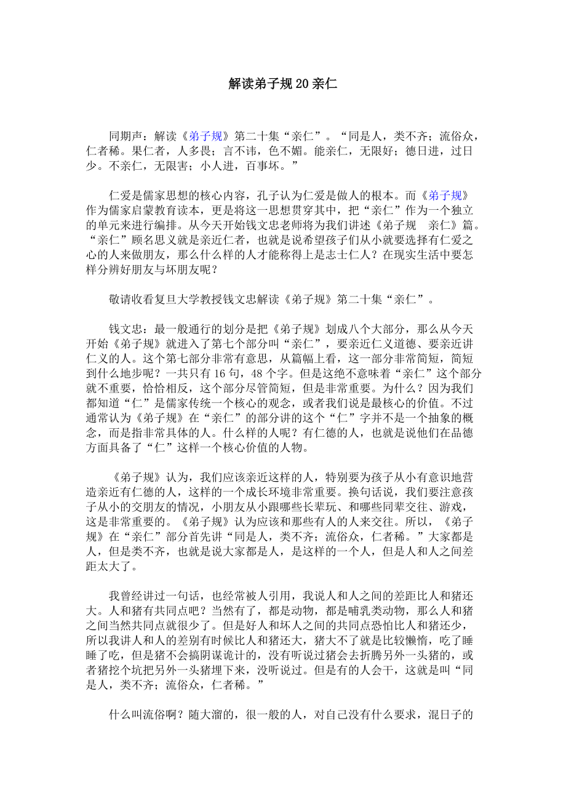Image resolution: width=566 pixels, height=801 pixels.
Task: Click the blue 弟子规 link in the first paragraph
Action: pos(202,137)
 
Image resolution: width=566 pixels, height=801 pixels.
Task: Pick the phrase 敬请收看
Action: pos(130,300)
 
